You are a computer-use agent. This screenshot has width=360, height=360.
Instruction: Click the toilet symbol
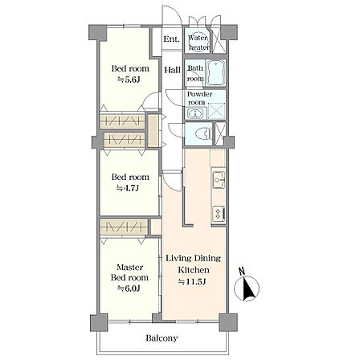[x=203, y=133]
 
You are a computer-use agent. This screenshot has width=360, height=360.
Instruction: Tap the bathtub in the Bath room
[x=216, y=72]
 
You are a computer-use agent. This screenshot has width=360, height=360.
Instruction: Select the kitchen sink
[x=219, y=180]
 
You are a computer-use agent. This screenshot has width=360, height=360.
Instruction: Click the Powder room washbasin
[x=196, y=113]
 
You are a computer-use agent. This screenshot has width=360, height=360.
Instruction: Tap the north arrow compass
[x=247, y=288]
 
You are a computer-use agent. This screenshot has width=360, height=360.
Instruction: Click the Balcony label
[x=162, y=338]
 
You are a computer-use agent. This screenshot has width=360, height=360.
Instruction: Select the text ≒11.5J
[x=192, y=281]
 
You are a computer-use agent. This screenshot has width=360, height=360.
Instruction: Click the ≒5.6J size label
[x=129, y=80]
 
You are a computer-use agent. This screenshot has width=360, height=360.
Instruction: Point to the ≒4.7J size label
[x=128, y=188]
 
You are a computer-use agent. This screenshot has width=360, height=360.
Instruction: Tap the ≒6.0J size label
[x=129, y=288]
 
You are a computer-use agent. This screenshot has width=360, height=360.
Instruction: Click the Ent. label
[x=171, y=39]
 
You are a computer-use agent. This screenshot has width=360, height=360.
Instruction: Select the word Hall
[x=172, y=70]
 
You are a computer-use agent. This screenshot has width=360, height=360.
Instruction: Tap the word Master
[x=130, y=268]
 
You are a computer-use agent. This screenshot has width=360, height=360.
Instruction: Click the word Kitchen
[x=194, y=270]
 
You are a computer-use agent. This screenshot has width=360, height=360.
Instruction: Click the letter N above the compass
[x=242, y=272]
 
